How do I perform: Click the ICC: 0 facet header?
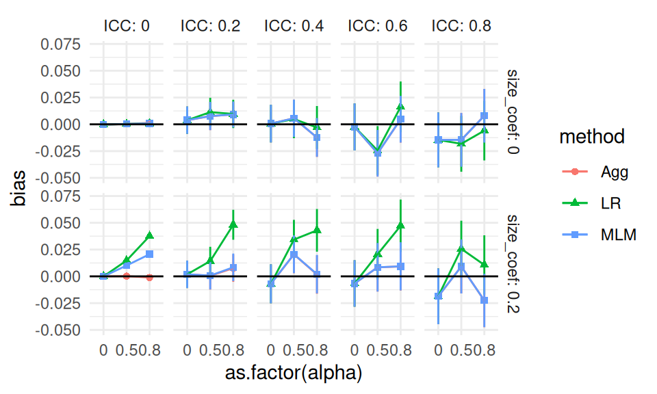coord(127,27)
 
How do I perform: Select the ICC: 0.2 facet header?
coord(210,27)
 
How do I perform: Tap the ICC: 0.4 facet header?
coord(294,27)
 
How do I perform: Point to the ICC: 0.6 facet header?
coord(377,27)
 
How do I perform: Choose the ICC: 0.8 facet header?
coord(461,27)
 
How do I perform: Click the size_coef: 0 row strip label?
coord(514,111)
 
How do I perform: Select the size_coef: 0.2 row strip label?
coord(514,263)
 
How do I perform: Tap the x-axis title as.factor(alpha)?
coord(294,373)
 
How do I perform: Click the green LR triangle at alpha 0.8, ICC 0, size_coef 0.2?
coord(150,235)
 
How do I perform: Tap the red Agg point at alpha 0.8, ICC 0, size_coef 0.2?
coord(150,278)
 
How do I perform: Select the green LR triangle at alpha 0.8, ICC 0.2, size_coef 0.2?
coord(233,224)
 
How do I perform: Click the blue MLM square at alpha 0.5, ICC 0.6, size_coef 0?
coord(377,153)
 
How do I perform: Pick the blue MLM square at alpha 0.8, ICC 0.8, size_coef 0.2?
coord(484,300)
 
